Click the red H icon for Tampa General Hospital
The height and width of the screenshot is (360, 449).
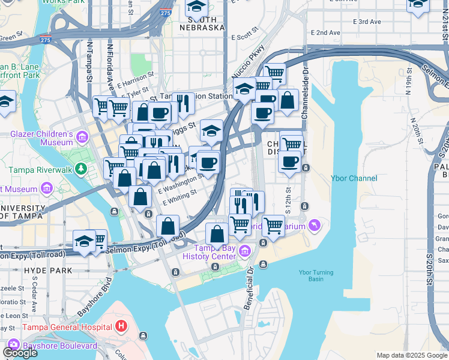point(122,327)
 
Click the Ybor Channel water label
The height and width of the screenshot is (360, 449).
point(354,178)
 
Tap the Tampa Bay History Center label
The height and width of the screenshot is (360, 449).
point(215,252)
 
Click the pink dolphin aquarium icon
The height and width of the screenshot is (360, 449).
point(314,225)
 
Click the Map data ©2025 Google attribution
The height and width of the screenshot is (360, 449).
point(412,355)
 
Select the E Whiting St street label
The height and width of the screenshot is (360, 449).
point(180,197)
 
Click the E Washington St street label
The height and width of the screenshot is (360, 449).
point(181,184)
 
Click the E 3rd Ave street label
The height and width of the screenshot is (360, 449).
point(367,22)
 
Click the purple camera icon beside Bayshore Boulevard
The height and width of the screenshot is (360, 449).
point(13,346)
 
